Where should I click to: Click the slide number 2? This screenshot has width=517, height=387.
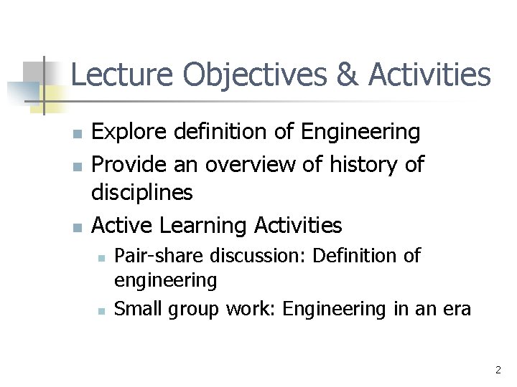pyautogui.click(x=498, y=371)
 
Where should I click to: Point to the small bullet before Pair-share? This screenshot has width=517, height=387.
pyautogui.click(x=101, y=257)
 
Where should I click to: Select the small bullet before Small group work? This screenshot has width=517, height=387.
pyautogui.click(x=101, y=310)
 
